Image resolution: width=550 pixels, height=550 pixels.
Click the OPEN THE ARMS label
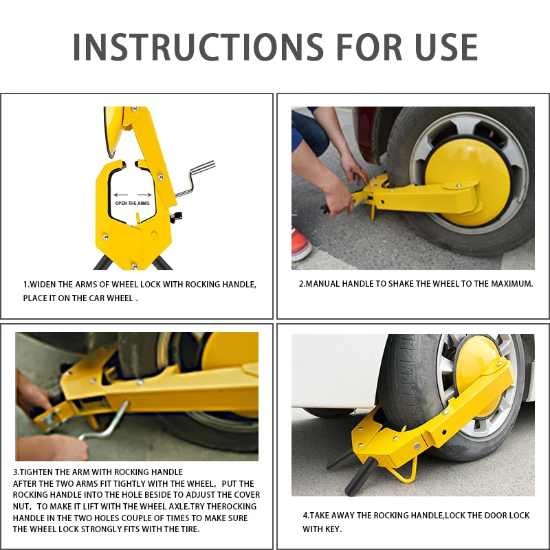(132, 203)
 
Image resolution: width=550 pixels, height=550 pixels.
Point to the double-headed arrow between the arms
(131, 195)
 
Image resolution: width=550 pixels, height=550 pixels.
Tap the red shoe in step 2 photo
(300, 245)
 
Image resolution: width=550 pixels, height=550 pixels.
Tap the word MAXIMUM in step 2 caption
(510, 283)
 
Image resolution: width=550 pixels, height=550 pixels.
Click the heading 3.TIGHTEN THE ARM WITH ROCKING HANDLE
(98, 472)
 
